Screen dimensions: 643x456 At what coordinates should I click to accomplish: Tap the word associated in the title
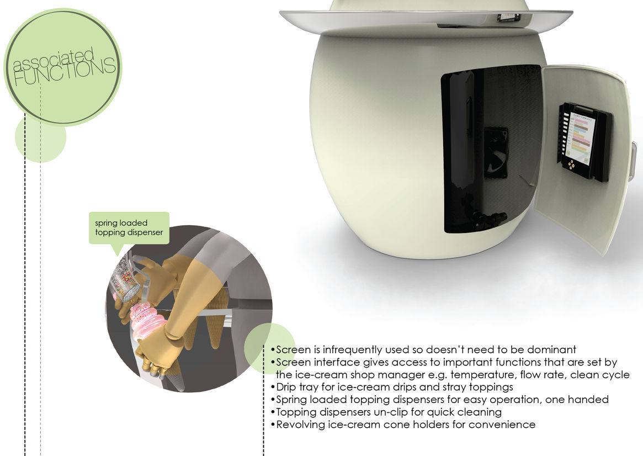(x=54, y=60)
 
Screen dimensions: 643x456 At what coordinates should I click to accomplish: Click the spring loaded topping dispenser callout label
(x=129, y=227)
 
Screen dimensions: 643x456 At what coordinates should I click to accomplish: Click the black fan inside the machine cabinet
(x=496, y=152)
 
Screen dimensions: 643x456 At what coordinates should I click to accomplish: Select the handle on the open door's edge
(x=633, y=161)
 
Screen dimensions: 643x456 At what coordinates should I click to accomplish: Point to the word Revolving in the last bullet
(x=301, y=425)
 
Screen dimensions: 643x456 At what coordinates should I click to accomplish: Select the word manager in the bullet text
(x=402, y=375)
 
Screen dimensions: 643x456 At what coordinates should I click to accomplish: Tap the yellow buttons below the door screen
(x=570, y=165)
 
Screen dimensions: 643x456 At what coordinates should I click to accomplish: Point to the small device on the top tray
(x=509, y=18)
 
